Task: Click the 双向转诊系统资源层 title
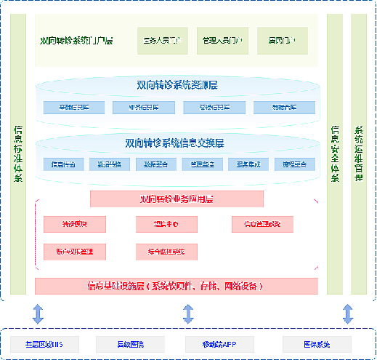coord(177,86)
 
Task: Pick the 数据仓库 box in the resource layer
coord(284,108)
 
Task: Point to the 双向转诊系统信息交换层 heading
coord(177,143)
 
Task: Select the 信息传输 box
coord(68,164)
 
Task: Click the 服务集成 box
coord(248,164)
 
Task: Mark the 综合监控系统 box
coord(166,252)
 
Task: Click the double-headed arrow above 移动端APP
coord(188,314)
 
